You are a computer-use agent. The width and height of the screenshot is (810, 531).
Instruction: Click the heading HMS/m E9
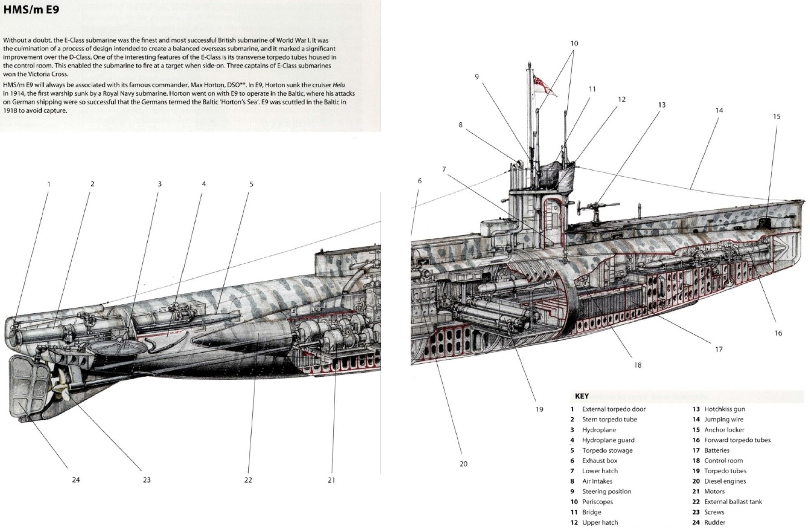pyautogui.click(x=31, y=9)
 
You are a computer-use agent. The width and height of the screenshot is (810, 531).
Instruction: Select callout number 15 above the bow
pyautogui.click(x=776, y=117)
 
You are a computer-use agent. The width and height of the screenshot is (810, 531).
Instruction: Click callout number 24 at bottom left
pyautogui.click(x=76, y=480)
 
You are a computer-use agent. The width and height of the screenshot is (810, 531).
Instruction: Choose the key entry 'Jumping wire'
pyautogui.click(x=723, y=419)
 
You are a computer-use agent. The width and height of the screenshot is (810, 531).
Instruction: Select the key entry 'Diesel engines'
pyautogui.click(x=725, y=481)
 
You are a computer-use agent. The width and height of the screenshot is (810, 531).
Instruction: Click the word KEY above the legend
pyautogui.click(x=582, y=396)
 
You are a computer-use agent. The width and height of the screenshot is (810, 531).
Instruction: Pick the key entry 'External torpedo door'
pyautogui.click(x=614, y=409)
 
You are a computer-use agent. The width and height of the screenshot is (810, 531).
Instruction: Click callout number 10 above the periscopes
pyautogui.click(x=574, y=43)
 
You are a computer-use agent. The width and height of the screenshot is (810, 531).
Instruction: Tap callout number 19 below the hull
pyautogui.click(x=539, y=409)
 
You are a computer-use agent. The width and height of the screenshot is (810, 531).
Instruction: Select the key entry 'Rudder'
pyautogui.click(x=714, y=522)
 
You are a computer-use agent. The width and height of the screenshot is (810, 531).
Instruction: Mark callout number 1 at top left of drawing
pyautogui.click(x=49, y=184)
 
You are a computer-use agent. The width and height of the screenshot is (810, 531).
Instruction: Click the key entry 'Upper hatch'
pyautogui.click(x=600, y=522)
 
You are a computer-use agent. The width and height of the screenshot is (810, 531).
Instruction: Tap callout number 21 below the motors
pyautogui.click(x=331, y=480)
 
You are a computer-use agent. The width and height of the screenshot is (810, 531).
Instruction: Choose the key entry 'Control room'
pyautogui.click(x=723, y=461)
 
